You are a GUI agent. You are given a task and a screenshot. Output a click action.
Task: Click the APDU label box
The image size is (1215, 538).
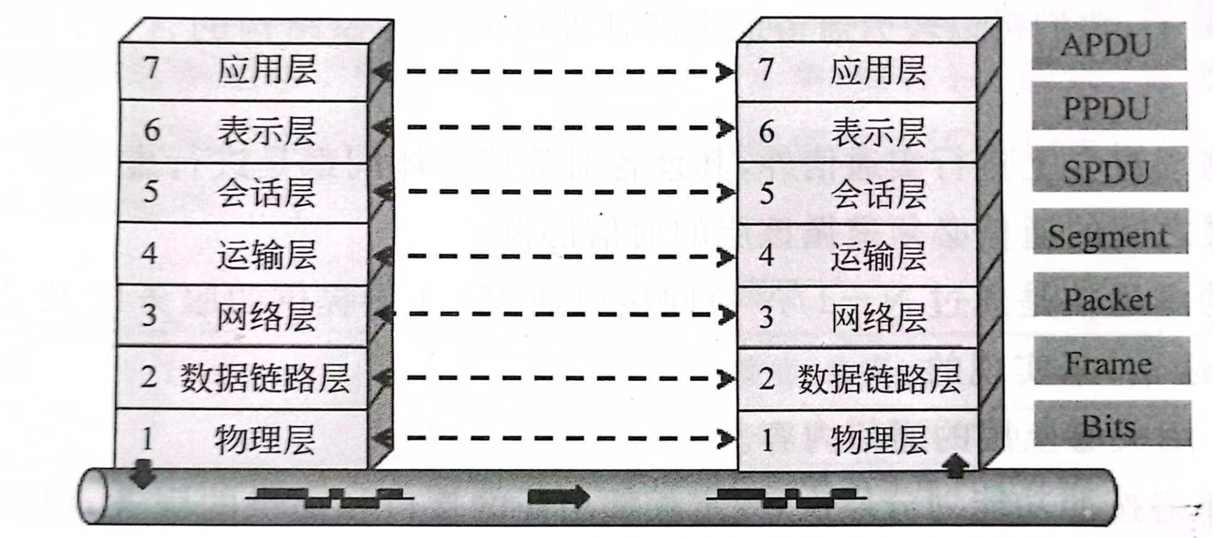click(x=1108, y=46)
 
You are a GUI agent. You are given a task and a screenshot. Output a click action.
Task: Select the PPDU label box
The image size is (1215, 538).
click(x=1109, y=107)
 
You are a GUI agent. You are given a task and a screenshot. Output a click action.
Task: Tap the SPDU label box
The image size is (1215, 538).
click(x=1110, y=170)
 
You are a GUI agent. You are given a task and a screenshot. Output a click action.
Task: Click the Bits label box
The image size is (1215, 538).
click(x=1112, y=424)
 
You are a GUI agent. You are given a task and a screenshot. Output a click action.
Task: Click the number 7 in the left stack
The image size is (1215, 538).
click(x=152, y=67)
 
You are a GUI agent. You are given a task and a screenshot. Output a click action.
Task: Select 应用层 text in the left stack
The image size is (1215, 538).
click(x=267, y=70)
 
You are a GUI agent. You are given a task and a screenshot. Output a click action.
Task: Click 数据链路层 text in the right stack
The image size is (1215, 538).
click(x=878, y=379)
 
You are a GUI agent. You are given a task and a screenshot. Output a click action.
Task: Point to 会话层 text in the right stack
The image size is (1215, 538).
click(x=878, y=193)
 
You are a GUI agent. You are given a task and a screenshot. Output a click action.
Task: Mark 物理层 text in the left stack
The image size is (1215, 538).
click(x=265, y=440)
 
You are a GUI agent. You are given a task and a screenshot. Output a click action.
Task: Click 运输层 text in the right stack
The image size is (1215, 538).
click(x=878, y=256)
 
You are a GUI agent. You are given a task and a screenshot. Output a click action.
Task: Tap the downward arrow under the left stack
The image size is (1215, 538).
click(x=143, y=474)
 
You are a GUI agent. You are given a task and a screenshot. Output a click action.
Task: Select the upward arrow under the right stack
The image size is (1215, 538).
click(x=956, y=466)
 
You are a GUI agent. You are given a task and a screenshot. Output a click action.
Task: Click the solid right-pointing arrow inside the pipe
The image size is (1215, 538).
click(x=558, y=496)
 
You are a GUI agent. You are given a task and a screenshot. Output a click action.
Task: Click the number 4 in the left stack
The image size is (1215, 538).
click(x=150, y=253)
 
